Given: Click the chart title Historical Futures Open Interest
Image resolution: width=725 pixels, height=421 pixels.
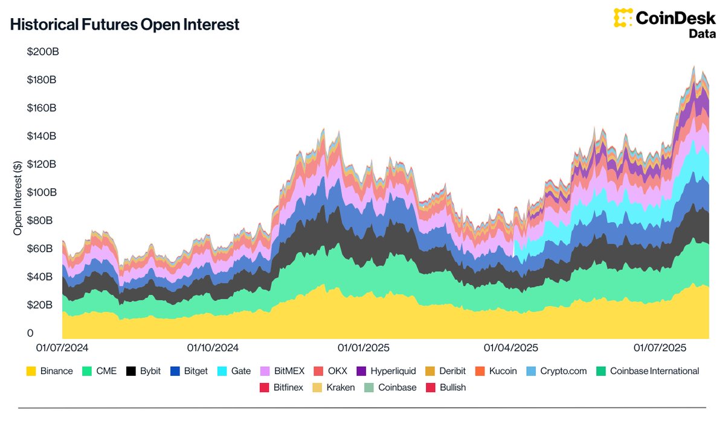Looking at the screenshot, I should tap(125, 25).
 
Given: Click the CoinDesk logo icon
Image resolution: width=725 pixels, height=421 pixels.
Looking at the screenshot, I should tap(623, 18).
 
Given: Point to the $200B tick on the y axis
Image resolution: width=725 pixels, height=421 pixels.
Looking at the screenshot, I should tap(42, 52).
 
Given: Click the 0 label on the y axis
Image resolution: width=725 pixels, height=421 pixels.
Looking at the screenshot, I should tap(30, 334).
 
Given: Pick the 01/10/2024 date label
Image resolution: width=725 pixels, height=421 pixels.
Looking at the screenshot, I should tap(213, 348).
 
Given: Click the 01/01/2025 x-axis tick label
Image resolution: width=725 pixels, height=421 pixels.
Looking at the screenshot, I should tap(363, 348).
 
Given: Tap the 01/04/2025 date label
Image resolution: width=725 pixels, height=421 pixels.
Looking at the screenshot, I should tap(511, 348).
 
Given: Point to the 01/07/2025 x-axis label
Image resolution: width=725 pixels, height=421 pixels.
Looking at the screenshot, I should tap(660, 348).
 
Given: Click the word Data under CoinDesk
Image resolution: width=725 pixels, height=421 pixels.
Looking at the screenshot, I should tap(702, 34).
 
